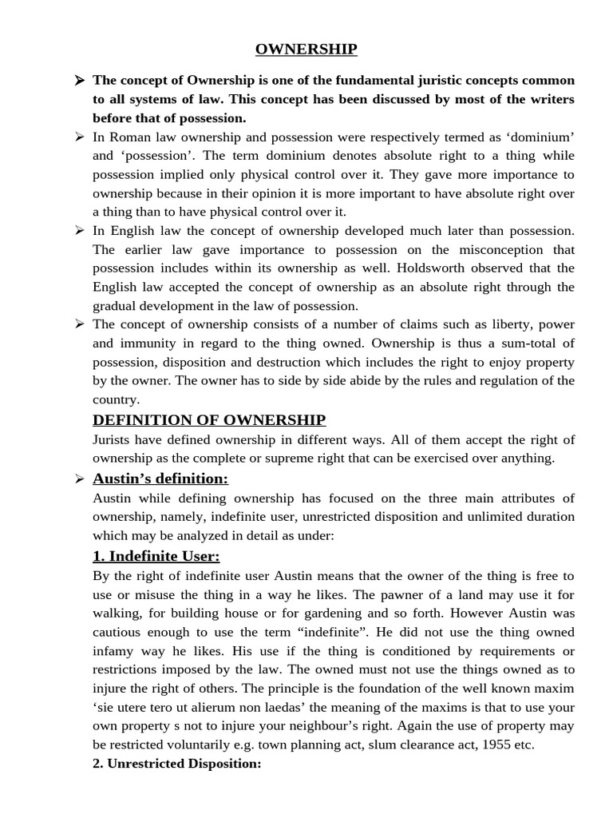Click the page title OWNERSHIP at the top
point(306,50)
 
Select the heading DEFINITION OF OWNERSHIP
point(209,420)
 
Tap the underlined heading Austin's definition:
point(160,478)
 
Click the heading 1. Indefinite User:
point(156,556)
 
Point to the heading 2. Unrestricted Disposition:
point(177,764)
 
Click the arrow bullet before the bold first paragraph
point(79,81)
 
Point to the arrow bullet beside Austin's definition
point(79,479)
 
